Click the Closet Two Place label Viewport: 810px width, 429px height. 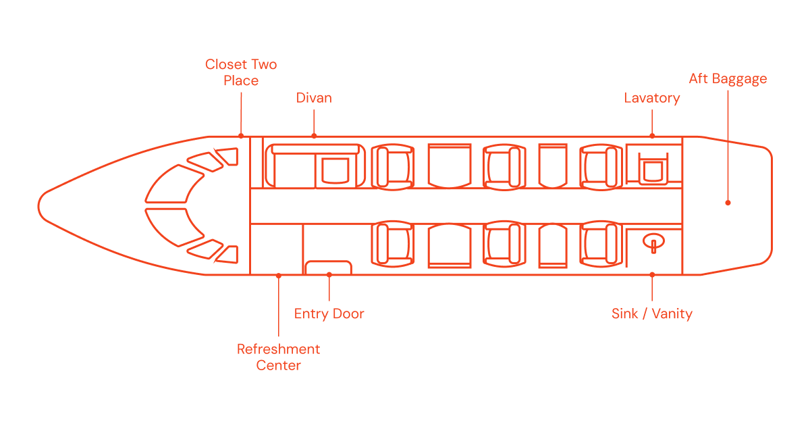[241, 72]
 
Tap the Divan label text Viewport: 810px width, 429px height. [314, 98]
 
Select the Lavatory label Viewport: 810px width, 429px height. [652, 99]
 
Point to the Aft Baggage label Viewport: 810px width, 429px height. [728, 79]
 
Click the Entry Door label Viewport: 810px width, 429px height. [329, 314]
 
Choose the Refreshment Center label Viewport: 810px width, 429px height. [278, 357]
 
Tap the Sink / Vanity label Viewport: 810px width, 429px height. [652, 314]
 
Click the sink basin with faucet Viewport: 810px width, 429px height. [653, 241]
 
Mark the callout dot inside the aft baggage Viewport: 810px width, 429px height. [728, 203]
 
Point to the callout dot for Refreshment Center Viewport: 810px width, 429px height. [278, 276]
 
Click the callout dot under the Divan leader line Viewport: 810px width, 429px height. [314, 136]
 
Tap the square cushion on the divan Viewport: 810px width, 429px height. [335, 170]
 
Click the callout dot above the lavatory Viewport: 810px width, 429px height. [652, 136]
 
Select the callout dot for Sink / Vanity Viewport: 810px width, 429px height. [652, 275]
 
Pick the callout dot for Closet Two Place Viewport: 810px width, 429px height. [241, 136]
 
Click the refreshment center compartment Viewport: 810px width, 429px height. [277, 249]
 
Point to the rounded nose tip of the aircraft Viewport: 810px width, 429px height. [38, 206]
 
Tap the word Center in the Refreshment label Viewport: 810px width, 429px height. [278, 365]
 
